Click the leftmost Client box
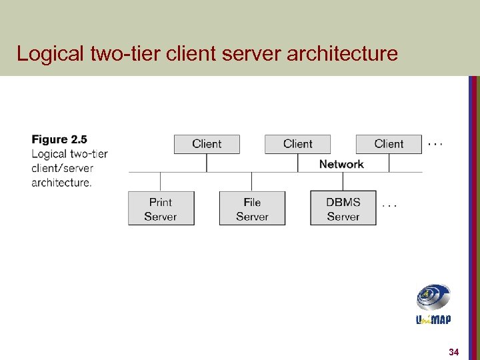[x=207, y=144]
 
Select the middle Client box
[x=297, y=144]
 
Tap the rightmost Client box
[x=389, y=144]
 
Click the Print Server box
[x=161, y=209]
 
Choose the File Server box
[x=252, y=209]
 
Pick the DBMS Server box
[x=343, y=209]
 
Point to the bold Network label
[x=341, y=164]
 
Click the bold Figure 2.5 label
[x=59, y=139]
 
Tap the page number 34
[x=454, y=351]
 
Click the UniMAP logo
[x=433, y=304]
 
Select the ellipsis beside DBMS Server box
[x=389, y=205]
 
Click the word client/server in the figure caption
[x=62, y=168]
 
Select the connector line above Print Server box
[x=161, y=182]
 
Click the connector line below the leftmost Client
[x=207, y=163]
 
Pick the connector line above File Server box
[x=252, y=182]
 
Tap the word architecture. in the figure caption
[x=61, y=182]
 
